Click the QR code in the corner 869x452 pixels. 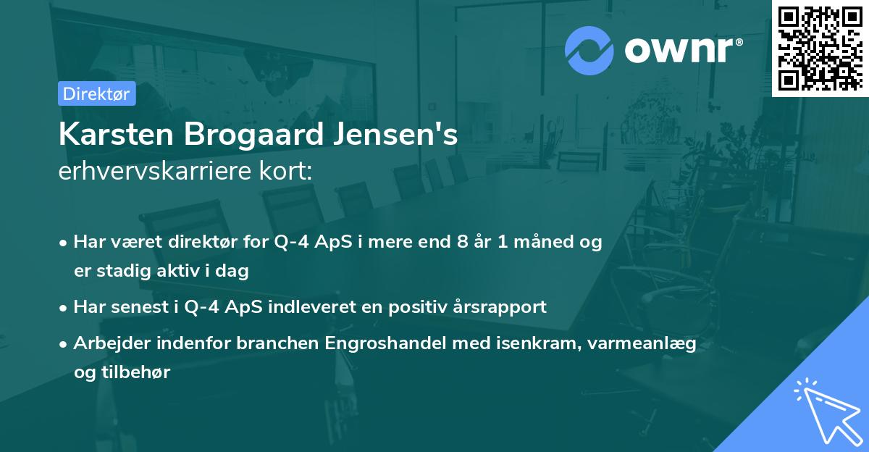point(820,48)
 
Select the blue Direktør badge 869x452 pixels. point(96,93)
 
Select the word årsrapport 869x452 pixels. point(502,307)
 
